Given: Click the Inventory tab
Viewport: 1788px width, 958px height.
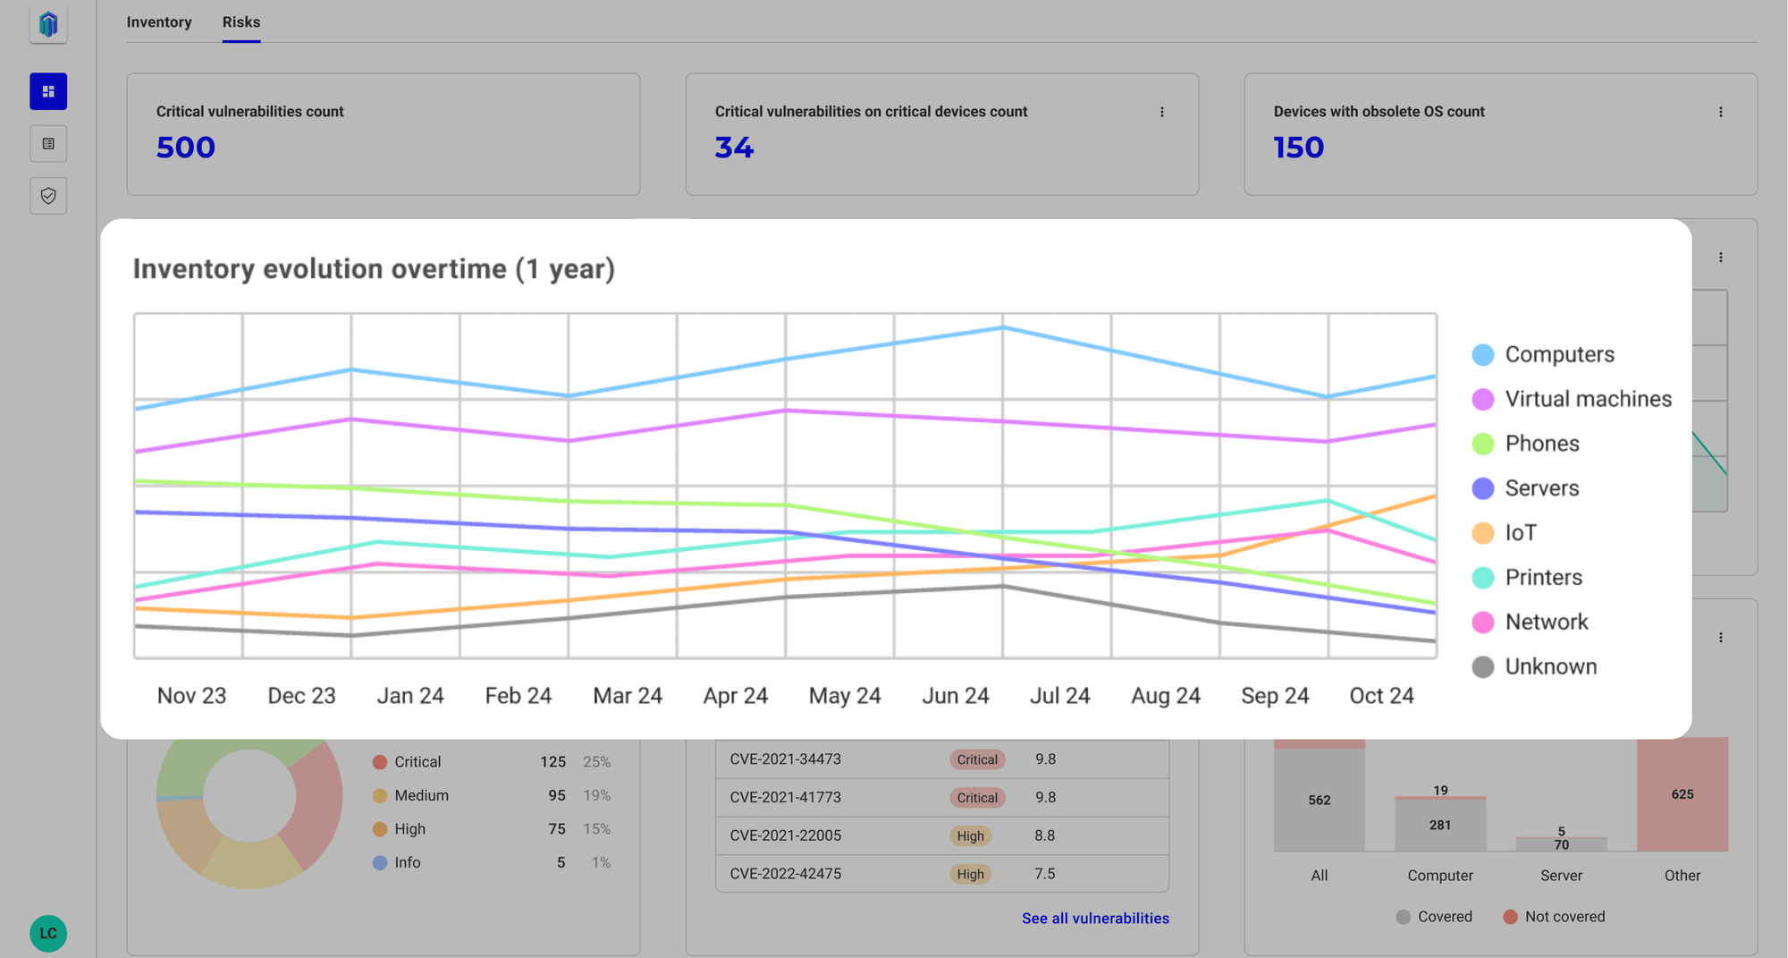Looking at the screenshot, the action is point(159,22).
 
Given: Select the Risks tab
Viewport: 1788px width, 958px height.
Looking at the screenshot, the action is point(241,22).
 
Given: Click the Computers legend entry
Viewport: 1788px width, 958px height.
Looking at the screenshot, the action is point(1543,354).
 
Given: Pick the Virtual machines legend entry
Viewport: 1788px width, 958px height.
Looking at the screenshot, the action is point(1572,399).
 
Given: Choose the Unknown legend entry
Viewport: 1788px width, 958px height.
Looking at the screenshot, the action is point(1534,666).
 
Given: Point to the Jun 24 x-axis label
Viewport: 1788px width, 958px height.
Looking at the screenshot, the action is point(956,696).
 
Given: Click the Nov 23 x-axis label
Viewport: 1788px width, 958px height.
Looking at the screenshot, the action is point(191,696).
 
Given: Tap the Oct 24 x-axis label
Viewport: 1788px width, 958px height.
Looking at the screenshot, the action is point(1381,696).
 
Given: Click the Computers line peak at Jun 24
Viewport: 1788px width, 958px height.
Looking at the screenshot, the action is point(1003,328).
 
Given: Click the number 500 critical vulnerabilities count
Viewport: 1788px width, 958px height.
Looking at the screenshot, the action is point(186,147).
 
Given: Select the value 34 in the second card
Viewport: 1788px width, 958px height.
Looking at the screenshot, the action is point(734,147).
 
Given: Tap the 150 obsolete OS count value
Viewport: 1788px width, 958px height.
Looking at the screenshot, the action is point(1298,147).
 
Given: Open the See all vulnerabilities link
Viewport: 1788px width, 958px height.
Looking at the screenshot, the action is point(1095,919).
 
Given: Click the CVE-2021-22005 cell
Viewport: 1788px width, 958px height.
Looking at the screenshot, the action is point(786,835).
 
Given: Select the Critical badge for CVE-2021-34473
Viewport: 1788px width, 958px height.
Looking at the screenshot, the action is point(977,759).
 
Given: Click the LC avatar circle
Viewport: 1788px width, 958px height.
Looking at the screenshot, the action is point(48,933).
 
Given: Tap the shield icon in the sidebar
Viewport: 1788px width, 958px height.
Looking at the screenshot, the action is point(48,196).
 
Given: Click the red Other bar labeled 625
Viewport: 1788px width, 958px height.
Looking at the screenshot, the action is point(1683,794).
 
